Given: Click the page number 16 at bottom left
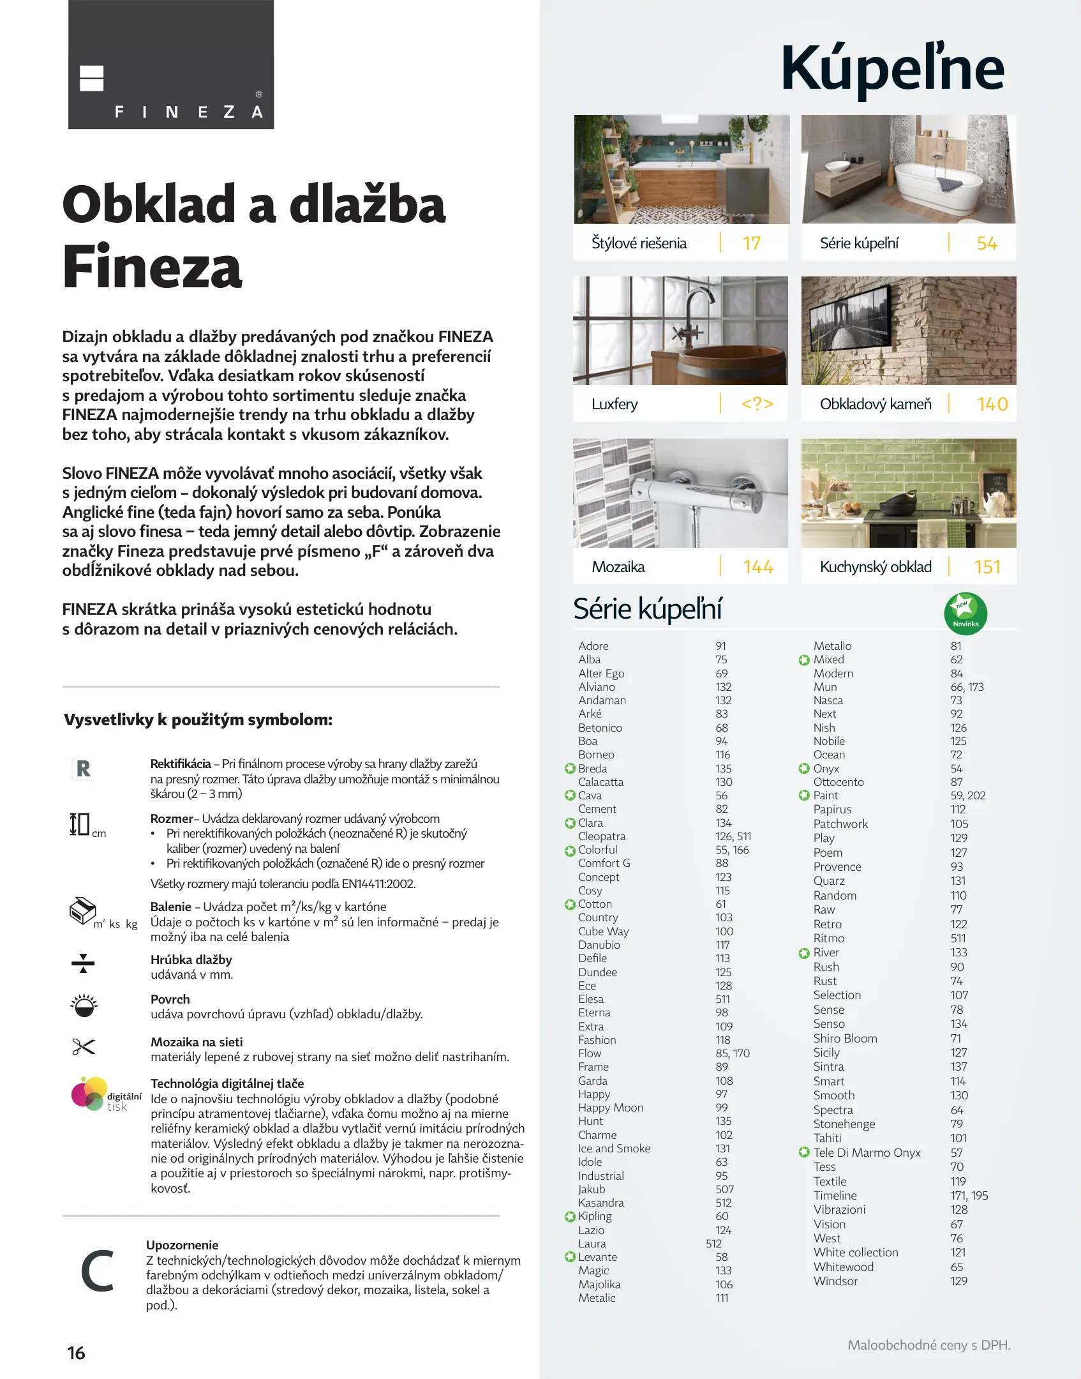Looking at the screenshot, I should pos(76,1353).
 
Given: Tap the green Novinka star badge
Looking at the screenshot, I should pos(965,614).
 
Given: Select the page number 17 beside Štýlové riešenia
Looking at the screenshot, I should pos(751,243).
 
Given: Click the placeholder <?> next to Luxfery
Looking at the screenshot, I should pos(757,404).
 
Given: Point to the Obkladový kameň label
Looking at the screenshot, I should pos(876,404).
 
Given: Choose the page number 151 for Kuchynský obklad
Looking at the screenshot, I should pos(987,567).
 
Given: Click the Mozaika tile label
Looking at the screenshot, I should pos(618,567).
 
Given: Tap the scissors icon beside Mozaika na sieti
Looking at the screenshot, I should pos(84,1046).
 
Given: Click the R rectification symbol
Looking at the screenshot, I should pos(83,769).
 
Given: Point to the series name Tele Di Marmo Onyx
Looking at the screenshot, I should pos(867,1152).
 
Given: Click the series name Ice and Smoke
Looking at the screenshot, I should pos(614,1149).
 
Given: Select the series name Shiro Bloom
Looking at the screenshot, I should pos(845,1038).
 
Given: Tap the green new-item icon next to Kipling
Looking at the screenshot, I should pos(570,1217).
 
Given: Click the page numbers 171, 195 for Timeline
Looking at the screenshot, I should pos(969,1195).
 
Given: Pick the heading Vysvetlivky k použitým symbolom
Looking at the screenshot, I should pos(198,720).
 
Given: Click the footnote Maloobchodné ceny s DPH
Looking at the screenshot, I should pos(928,1345).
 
